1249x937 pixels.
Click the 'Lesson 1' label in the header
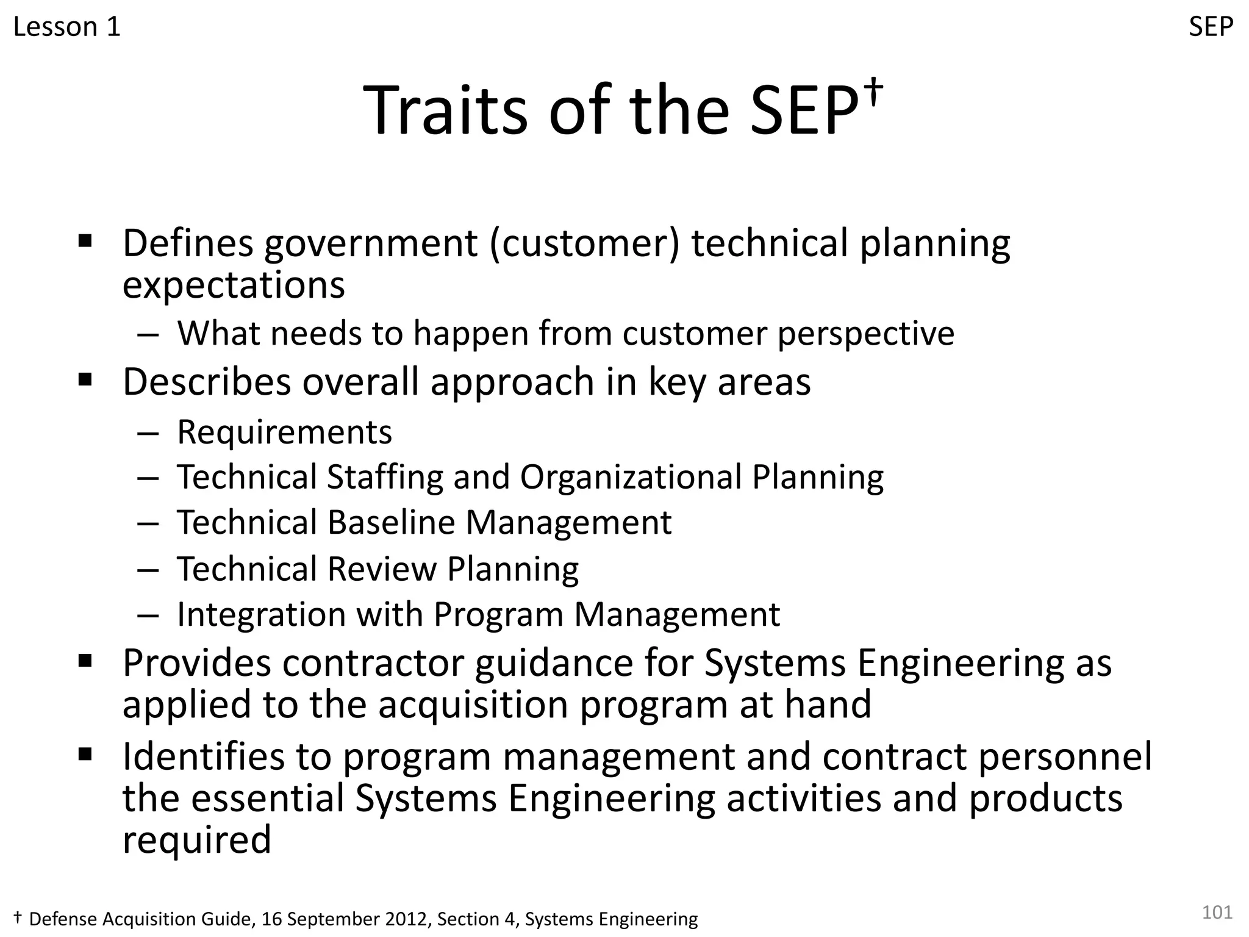click(x=66, y=27)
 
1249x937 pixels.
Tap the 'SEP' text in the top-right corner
click(x=1211, y=27)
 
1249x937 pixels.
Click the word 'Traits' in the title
click(x=445, y=111)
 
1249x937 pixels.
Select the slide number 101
click(x=1217, y=912)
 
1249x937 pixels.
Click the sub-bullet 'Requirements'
click(x=284, y=432)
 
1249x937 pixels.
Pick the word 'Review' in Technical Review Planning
click(x=382, y=569)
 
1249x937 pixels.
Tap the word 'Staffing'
click(x=385, y=477)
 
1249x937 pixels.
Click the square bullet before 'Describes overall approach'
click(x=85, y=381)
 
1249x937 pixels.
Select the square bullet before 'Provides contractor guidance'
click(x=85, y=661)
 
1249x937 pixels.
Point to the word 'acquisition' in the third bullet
click(x=473, y=704)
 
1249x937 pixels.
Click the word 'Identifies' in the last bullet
click(x=204, y=756)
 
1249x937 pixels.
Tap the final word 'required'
click(x=196, y=839)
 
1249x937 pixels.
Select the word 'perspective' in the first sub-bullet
click(x=865, y=334)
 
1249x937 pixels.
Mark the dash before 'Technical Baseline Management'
click(x=148, y=523)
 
